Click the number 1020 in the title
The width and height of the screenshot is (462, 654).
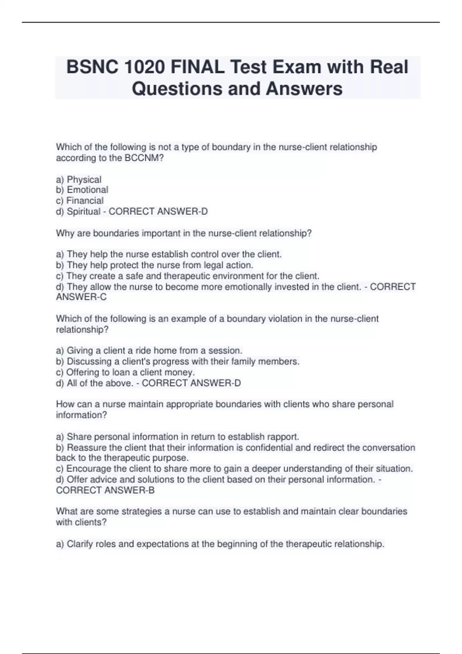click(145, 67)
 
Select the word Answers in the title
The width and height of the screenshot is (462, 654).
click(304, 88)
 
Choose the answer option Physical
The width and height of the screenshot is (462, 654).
click(84, 180)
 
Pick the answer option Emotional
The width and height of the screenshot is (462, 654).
click(87, 190)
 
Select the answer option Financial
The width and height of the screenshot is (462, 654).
click(85, 201)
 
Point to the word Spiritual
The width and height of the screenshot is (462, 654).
click(84, 212)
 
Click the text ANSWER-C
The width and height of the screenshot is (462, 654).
click(81, 297)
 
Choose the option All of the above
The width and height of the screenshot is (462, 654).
click(99, 383)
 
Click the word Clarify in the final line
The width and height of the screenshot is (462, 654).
click(80, 544)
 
